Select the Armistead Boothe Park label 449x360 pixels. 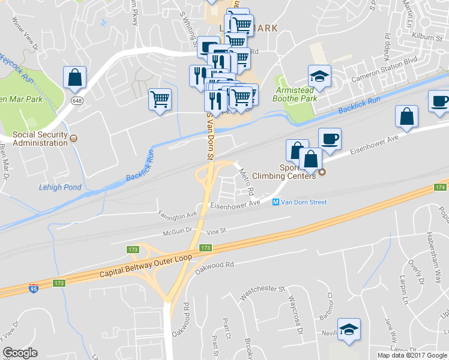tap(295, 94)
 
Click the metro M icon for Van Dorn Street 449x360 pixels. tap(276, 202)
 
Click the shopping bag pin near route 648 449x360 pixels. tap(74, 78)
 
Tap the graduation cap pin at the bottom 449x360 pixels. tap(349, 329)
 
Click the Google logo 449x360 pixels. tap(20, 352)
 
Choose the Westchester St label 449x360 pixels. tap(262, 292)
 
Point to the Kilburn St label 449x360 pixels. tap(428, 36)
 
